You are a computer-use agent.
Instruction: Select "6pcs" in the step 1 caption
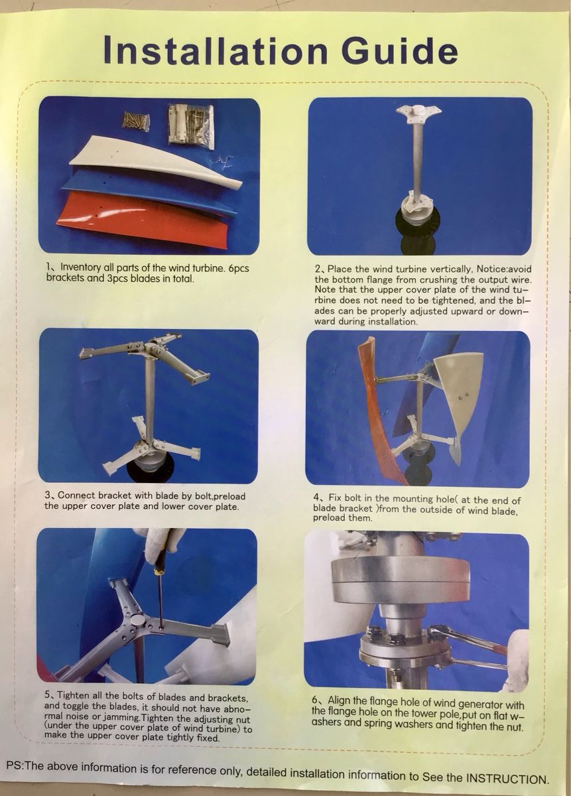(239, 268)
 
